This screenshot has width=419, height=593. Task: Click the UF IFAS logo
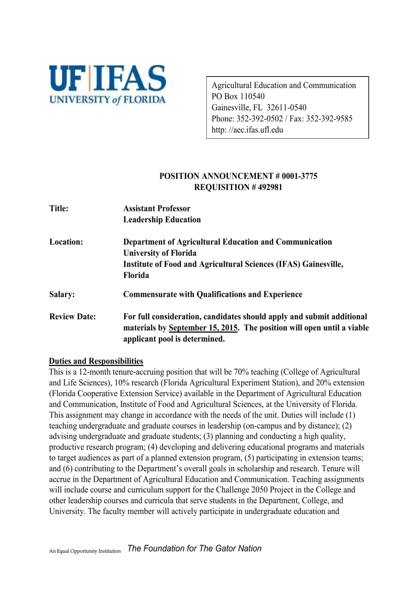coord(107,85)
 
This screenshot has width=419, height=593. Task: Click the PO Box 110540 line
coord(238,96)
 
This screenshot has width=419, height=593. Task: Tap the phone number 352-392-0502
coord(259,119)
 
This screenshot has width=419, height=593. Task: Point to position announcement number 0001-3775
coord(299,176)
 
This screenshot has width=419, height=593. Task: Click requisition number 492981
coord(270,187)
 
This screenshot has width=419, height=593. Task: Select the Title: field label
coord(59,208)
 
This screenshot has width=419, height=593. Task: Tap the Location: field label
coord(66,242)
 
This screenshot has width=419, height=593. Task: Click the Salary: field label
coord(62,295)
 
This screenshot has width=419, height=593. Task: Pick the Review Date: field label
coord(72,317)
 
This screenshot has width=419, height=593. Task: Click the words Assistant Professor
coord(157,208)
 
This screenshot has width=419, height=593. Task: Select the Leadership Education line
coord(162,220)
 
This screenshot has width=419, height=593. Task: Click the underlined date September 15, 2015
coord(203,328)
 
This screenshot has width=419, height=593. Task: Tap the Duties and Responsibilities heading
coord(96,361)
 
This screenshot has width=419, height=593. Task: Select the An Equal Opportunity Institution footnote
coord(85,551)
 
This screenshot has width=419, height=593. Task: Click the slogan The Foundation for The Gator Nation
coord(194,549)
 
